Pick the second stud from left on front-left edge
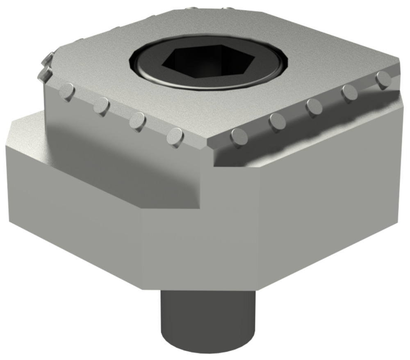pos(101,106)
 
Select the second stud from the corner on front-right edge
pos(278,122)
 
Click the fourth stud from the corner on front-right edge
pos(350,93)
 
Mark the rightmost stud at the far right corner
pos(384,80)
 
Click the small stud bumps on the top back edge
pos(205,8)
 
